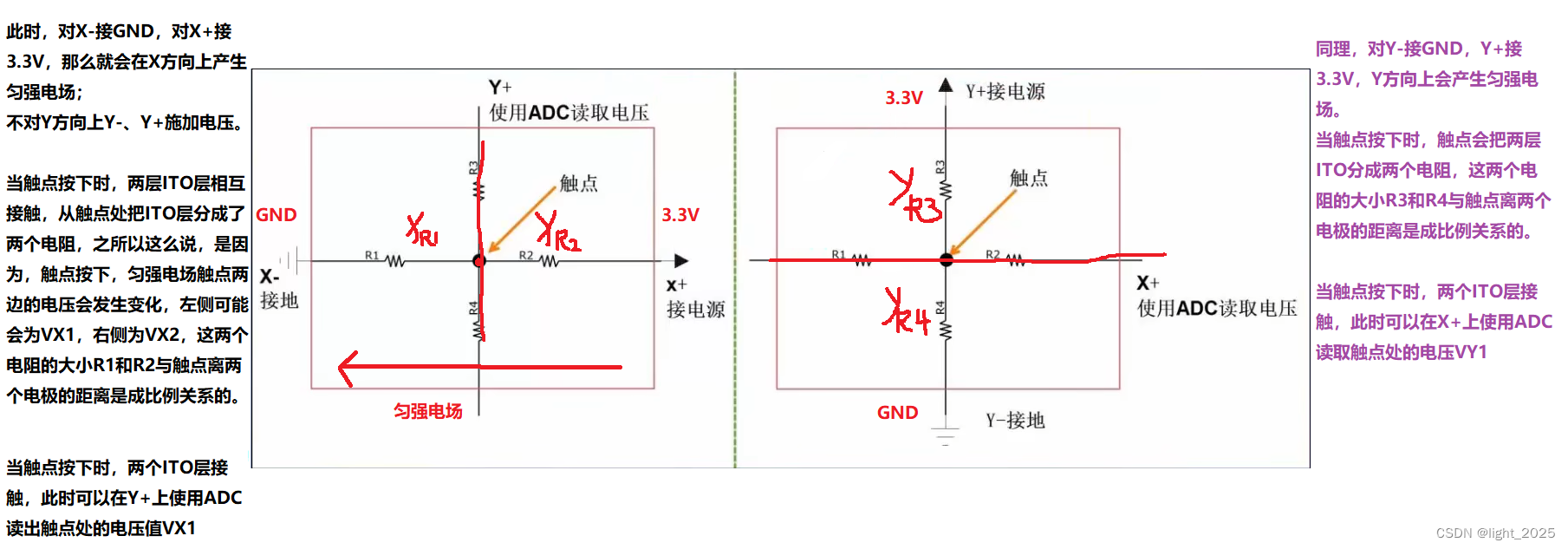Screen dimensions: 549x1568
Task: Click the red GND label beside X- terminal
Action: click(x=277, y=215)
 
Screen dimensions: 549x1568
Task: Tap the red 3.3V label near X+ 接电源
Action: click(x=680, y=215)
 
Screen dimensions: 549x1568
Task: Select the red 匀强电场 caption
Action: click(x=428, y=411)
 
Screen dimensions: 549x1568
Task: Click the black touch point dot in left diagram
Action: click(x=479, y=261)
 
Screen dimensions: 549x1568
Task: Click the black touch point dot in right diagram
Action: click(x=947, y=259)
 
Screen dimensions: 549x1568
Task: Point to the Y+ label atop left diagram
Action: click(x=500, y=88)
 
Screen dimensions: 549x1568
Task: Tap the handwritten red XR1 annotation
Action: click(x=423, y=230)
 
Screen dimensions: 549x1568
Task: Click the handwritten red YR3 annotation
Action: click(x=915, y=198)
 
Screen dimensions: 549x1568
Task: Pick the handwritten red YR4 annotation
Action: click(x=907, y=313)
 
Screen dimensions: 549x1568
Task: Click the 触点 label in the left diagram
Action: click(x=578, y=183)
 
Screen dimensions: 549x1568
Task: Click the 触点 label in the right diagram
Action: click(x=1029, y=178)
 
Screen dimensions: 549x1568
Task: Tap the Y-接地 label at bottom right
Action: click(x=1015, y=421)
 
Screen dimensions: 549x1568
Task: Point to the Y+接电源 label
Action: click(x=1005, y=91)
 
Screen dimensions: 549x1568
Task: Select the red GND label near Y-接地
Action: click(x=897, y=413)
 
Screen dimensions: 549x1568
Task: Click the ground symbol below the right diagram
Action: click(x=946, y=435)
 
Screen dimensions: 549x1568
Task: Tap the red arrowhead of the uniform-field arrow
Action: click(x=348, y=368)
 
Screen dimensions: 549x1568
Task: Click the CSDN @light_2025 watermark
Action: click(x=1495, y=533)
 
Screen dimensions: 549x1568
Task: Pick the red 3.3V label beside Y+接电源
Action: click(x=904, y=98)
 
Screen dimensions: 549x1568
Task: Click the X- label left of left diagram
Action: click(x=270, y=277)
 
